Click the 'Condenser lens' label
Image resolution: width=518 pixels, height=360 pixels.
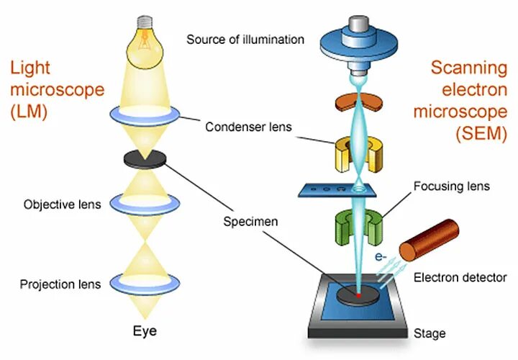click(248, 127)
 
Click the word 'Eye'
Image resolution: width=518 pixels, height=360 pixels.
click(144, 332)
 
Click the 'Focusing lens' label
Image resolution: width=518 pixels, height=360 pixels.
click(451, 186)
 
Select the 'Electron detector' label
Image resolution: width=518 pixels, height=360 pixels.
click(460, 277)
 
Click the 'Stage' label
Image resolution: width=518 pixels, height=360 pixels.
click(430, 333)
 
